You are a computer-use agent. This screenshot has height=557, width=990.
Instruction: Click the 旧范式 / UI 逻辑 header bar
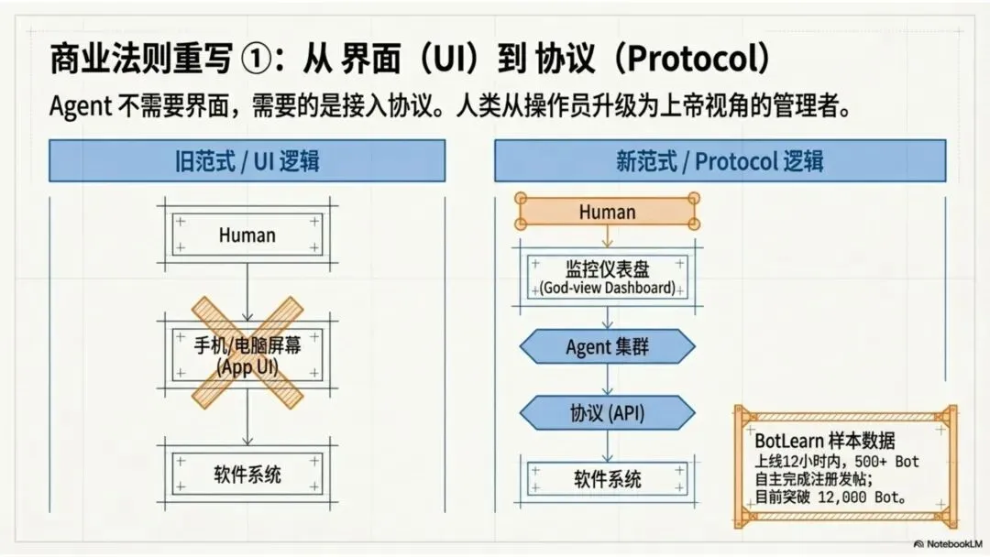(x=247, y=161)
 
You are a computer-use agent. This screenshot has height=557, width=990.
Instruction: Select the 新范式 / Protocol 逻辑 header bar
(x=720, y=161)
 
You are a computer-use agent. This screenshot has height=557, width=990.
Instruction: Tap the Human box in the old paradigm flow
(x=247, y=235)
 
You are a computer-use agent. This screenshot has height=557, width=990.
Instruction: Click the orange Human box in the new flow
(x=607, y=213)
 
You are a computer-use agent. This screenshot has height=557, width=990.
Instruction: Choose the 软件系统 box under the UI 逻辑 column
(x=247, y=475)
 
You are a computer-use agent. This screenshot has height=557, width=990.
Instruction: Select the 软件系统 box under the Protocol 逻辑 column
(x=607, y=479)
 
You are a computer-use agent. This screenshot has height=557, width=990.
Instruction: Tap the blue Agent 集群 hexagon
(x=607, y=347)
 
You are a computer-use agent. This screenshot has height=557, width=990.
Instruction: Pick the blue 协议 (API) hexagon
(x=607, y=412)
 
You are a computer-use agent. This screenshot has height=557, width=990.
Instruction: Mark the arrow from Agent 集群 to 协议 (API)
(x=607, y=380)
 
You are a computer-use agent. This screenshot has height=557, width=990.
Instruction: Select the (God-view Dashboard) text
(x=607, y=288)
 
